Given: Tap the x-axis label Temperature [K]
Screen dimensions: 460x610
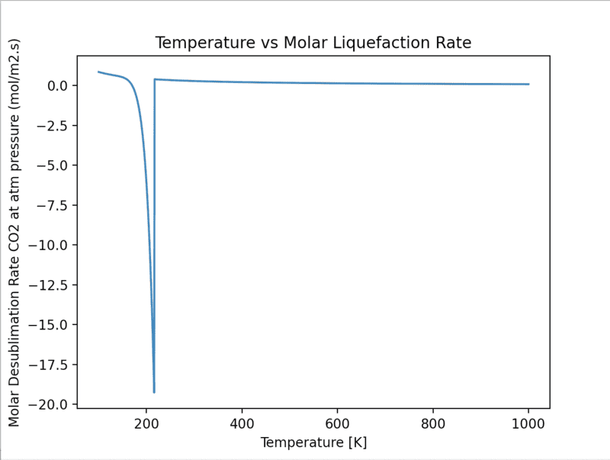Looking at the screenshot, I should tap(313, 442).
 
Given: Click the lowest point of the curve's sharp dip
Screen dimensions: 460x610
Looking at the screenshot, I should tap(154, 392).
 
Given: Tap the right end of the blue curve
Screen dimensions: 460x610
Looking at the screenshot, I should tap(528, 84).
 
